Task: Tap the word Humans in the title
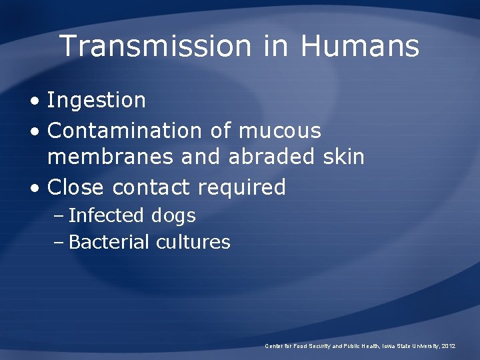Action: [359, 46]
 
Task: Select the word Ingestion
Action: [97, 101]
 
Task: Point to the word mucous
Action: [279, 130]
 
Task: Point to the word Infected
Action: [106, 215]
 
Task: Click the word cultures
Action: [193, 242]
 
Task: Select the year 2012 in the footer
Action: [449, 346]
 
